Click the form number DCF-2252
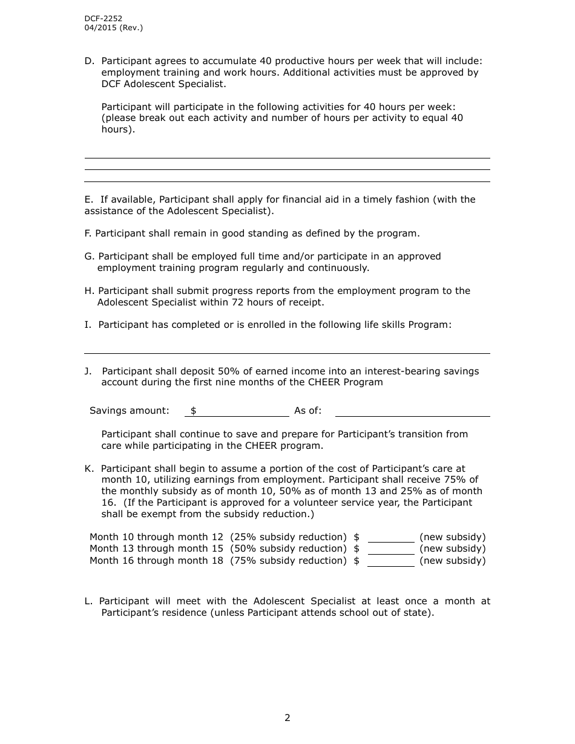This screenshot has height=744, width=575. tap(103, 19)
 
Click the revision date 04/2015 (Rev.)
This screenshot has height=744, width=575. tap(114, 28)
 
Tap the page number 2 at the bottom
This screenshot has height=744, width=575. tap(287, 718)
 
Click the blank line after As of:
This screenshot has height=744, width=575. tap(412, 411)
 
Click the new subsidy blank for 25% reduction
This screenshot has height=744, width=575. tap(391, 537)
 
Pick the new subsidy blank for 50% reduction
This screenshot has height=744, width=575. tap(391, 549)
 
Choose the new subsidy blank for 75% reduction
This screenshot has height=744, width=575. tap(391, 561)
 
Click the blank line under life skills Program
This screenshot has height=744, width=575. tap(287, 348)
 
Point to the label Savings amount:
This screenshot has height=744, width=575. tap(130, 411)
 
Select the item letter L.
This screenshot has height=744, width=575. tap(88, 601)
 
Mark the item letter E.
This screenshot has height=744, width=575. tap(89, 200)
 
